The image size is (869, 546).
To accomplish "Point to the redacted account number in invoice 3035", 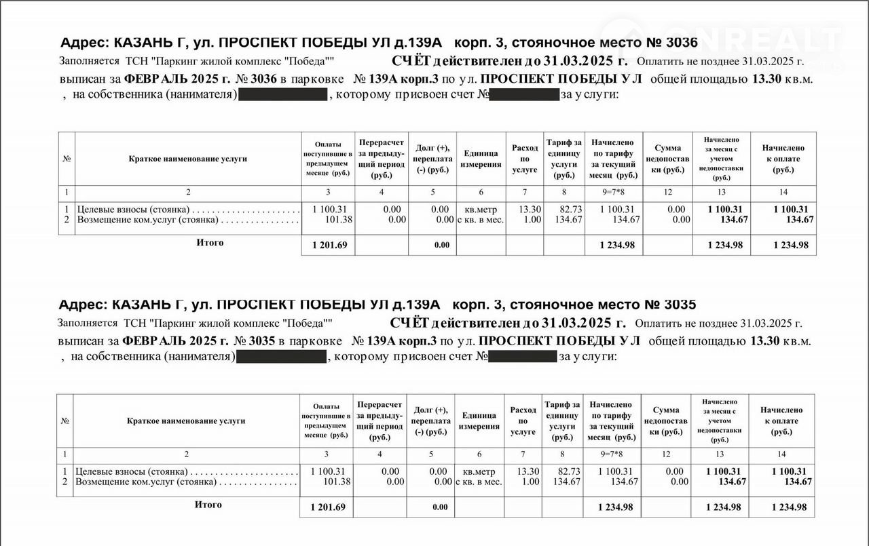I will [522, 356].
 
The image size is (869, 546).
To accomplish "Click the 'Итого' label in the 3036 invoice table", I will [210, 243].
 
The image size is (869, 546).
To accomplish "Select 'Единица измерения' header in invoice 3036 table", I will [481, 159].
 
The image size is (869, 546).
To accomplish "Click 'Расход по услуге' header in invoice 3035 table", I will [523, 421].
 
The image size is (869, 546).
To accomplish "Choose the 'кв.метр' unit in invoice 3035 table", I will [479, 471].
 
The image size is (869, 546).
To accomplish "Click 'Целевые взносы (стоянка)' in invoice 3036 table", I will [133, 210].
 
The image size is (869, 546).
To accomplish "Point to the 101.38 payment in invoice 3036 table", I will [338, 220].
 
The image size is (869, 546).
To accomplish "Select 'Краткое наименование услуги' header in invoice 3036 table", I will [188, 159].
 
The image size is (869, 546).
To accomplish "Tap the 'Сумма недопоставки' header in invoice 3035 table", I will [666, 421].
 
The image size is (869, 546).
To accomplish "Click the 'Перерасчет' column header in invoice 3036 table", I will [382, 143].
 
